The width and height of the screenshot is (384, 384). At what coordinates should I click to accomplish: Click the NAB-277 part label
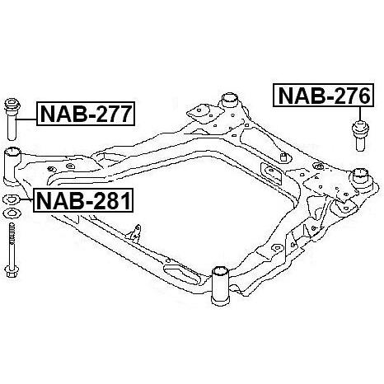point(86,114)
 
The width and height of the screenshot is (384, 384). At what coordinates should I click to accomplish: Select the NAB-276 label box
point(324,96)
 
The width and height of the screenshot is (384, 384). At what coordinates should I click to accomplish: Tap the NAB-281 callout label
point(83,200)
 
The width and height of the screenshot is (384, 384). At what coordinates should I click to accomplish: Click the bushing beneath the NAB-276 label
point(359,135)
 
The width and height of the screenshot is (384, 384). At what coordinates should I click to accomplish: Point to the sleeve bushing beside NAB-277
point(12,119)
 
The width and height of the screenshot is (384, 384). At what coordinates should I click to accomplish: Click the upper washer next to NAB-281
point(11,199)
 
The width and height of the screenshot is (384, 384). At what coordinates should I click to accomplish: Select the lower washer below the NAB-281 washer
point(11,213)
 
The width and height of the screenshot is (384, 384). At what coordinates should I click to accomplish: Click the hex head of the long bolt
point(12,271)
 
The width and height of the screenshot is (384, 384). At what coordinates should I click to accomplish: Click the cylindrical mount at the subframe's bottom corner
point(220,285)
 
